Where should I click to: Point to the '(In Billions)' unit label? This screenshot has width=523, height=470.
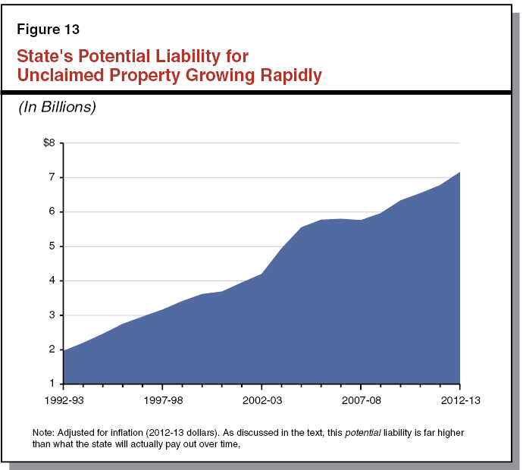tap(57, 108)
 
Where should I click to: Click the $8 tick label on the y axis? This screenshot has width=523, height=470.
tap(49, 143)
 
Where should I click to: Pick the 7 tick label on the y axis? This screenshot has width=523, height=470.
tap(52, 177)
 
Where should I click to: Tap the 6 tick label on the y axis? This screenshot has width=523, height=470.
tap(52, 212)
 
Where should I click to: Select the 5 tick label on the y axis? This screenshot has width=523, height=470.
tap(52, 246)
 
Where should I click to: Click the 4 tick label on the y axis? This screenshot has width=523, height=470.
tap(52, 280)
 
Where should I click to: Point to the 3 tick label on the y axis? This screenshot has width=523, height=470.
tap(52, 315)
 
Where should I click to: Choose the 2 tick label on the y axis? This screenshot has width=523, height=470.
tap(52, 349)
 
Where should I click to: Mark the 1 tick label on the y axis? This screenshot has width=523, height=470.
tap(52, 384)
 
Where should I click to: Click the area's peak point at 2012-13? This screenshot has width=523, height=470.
tap(460, 172)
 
